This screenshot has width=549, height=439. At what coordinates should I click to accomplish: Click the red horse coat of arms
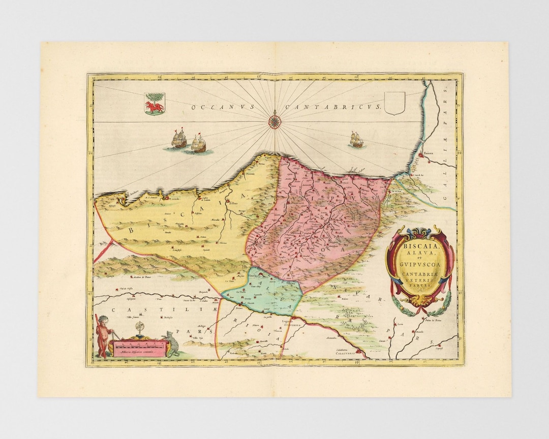pyautogui.click(x=154, y=104)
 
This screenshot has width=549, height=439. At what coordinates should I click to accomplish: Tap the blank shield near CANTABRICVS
pyautogui.click(x=394, y=103)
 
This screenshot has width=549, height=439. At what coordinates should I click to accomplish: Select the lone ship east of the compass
pyautogui.click(x=357, y=140)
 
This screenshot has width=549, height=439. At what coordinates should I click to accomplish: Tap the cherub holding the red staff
pyautogui.click(x=104, y=335)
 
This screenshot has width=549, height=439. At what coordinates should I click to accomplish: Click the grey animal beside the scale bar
pyautogui.click(x=172, y=344)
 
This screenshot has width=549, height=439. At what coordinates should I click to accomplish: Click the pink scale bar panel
pyautogui.click(x=139, y=348)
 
